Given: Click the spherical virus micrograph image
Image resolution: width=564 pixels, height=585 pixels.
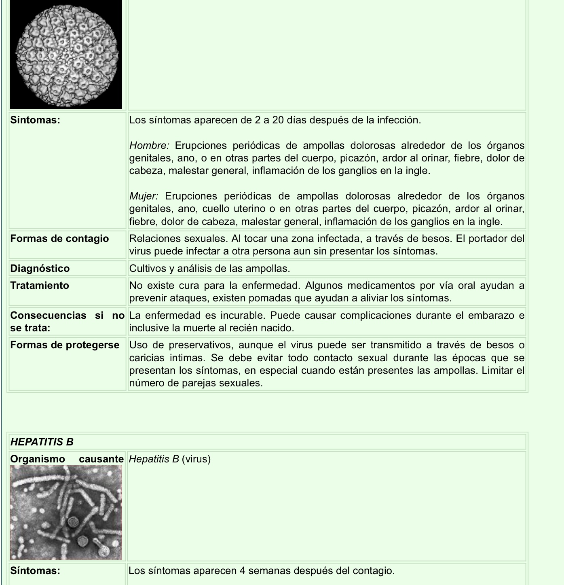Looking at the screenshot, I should tap(66, 55).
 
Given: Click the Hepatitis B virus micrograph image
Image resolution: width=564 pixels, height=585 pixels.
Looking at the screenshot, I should tap(66, 513).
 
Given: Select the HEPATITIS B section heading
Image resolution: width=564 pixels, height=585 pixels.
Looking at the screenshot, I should tap(42, 442).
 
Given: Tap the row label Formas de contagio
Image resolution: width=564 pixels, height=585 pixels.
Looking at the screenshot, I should tap(59, 238).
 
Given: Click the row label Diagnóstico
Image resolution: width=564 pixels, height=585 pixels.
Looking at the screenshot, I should tap(40, 268).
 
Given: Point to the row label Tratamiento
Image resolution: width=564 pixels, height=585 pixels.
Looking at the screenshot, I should tap(40, 285).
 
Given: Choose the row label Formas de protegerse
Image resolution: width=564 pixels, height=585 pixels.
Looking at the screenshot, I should tap(65, 345).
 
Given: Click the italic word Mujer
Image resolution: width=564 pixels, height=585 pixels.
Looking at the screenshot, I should tap(144, 196).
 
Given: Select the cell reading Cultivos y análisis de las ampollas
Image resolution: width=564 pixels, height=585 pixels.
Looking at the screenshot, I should tap(209, 268).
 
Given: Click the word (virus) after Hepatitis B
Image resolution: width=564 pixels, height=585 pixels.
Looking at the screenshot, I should tap(196, 459).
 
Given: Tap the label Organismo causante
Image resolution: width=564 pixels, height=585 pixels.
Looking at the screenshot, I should tap(67, 459).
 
